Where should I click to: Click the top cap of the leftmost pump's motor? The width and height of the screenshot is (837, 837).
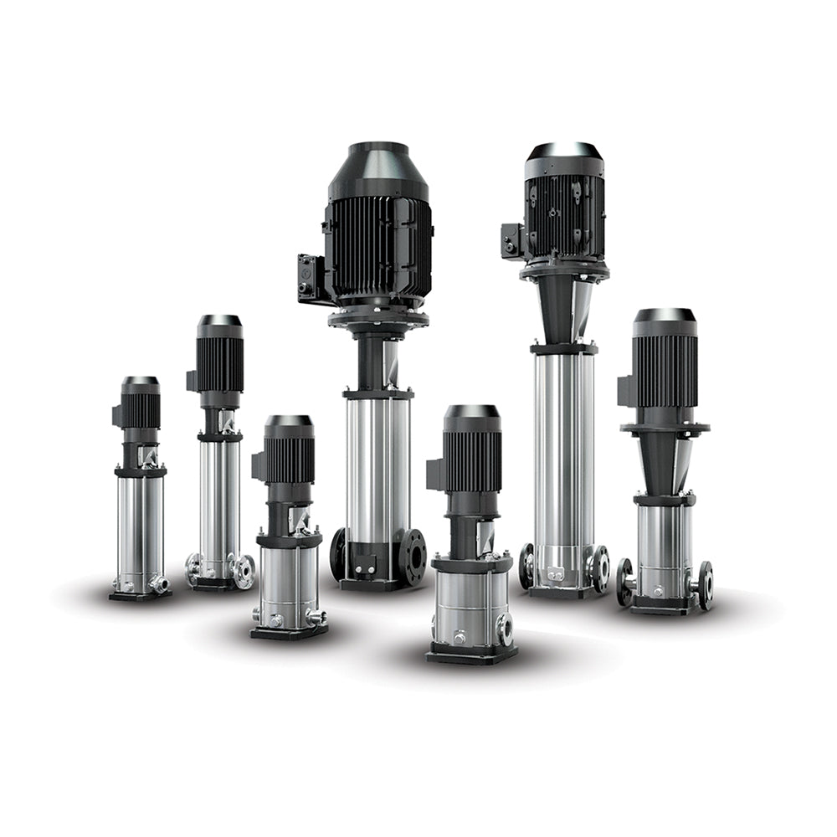click(140, 382)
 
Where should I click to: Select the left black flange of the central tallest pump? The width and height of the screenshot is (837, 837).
click(338, 553)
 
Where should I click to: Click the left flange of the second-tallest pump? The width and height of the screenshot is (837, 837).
click(526, 566)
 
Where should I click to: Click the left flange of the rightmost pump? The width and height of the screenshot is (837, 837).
click(625, 582)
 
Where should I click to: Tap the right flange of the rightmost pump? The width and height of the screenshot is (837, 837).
click(705, 583)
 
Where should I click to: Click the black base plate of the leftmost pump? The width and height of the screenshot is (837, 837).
click(140, 595)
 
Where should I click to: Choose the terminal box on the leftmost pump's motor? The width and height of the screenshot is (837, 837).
click(116, 415)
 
